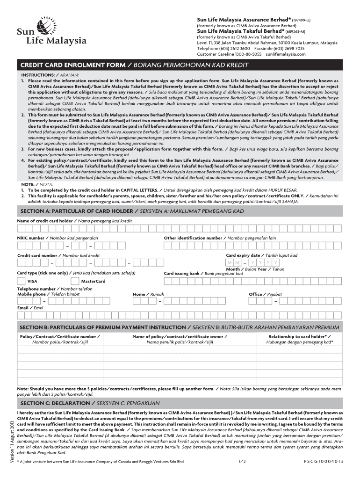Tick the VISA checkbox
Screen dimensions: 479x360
point(21,281)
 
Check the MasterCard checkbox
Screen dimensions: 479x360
point(75,281)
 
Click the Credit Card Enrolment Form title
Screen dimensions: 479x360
point(72,64)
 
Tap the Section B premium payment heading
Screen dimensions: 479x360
point(103,327)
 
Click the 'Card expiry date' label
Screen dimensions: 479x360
point(243,255)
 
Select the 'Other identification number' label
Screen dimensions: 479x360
point(193,238)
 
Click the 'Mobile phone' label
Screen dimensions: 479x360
point(31,294)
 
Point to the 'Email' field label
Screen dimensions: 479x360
point(23,308)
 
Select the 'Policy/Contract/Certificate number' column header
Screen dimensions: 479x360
point(58,336)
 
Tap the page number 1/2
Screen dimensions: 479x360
point(242,461)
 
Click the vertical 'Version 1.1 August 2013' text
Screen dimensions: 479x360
point(12,442)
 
